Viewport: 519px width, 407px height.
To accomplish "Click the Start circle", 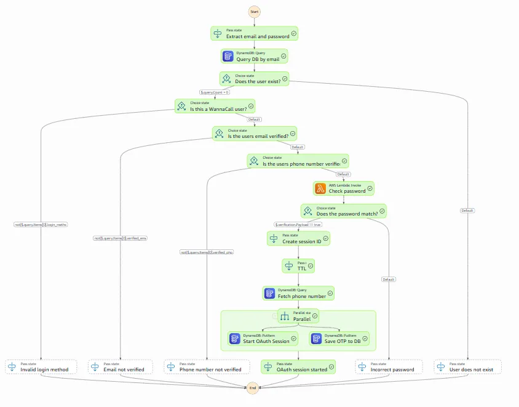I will click(255, 12).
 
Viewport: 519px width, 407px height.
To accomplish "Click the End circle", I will click(252, 389).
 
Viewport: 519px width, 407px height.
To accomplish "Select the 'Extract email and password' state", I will click(254, 34).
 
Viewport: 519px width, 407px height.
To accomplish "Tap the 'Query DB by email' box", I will click(255, 56).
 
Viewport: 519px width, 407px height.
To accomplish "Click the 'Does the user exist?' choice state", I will click(254, 79).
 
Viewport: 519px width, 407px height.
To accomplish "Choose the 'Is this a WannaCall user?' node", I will click(215, 106).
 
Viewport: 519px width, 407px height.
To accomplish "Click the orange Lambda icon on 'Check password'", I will click(320, 188).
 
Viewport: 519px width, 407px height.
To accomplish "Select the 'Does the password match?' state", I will click(343, 211).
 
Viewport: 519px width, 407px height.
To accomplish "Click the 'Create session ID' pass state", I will click(298, 238).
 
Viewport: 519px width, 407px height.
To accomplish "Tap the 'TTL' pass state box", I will click(298, 266).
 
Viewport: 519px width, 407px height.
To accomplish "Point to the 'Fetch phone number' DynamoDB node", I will click(298, 293).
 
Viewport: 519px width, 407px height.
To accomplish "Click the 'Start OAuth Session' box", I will click(262, 339).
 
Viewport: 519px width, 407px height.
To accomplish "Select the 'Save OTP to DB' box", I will click(339, 339).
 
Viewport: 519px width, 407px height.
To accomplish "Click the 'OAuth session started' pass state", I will click(298, 367).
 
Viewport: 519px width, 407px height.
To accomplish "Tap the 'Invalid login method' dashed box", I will click(41, 367).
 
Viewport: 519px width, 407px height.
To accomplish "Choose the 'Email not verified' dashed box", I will click(121, 367).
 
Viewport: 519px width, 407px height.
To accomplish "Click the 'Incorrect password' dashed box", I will click(389, 367).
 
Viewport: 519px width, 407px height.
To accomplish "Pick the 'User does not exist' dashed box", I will click(467, 367).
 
